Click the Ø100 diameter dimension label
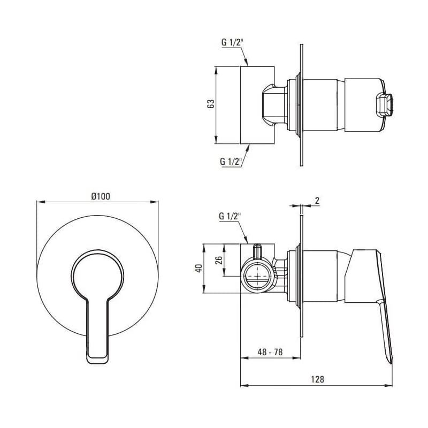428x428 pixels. click(x=101, y=196)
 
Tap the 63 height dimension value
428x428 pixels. click(x=211, y=104)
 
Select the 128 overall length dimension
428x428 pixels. click(x=317, y=379)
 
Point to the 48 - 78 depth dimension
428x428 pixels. click(x=270, y=352)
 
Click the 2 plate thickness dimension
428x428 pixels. click(x=317, y=201)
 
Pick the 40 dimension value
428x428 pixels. click(x=199, y=268)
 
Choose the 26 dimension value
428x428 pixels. click(x=219, y=260)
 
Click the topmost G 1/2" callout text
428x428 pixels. click(x=232, y=43)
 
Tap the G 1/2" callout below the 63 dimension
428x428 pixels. click(x=232, y=162)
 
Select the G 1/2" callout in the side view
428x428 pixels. click(x=231, y=216)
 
